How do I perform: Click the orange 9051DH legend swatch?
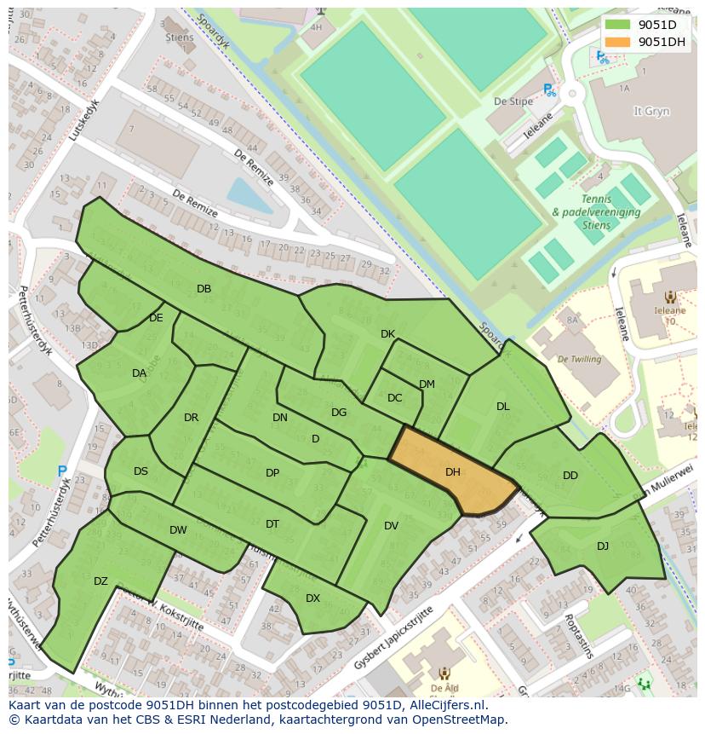[619, 42]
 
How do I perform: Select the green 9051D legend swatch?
[619, 25]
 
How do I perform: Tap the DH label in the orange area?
[452, 471]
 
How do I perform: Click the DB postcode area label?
[203, 289]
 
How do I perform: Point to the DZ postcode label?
[100, 581]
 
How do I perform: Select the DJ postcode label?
[603, 546]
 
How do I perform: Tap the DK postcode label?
[387, 334]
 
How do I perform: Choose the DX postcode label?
[312, 598]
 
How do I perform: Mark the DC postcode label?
[394, 398]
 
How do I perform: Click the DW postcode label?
[178, 530]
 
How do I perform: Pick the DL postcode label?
[502, 407]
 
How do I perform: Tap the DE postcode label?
[156, 318]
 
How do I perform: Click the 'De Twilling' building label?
[579, 359]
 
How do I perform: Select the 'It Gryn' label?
[651, 112]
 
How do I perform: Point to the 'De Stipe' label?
[513, 101]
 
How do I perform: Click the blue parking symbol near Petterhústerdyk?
[62, 471]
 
